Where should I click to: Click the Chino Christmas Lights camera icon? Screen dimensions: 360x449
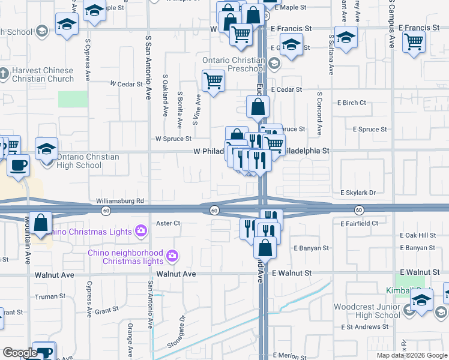coord(141,230)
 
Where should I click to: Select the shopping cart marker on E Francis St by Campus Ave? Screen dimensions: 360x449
coord(414,42)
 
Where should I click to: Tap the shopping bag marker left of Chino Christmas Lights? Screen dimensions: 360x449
coord(40,223)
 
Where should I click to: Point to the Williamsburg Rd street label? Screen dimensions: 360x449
coord(120,201)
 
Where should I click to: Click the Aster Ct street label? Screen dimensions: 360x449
coord(168,223)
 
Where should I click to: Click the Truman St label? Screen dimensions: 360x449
coord(50,296)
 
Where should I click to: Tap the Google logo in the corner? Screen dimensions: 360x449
coord(20,353)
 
